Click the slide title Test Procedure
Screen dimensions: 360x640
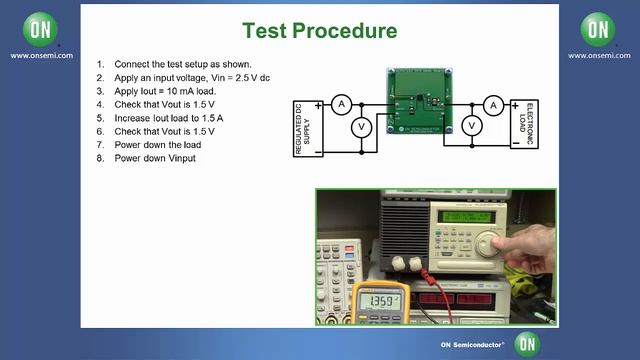pos(319,29)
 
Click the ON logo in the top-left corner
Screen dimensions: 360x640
pos(40,29)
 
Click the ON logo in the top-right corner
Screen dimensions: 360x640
pos(598,29)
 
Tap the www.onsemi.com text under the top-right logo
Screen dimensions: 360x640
pos(598,55)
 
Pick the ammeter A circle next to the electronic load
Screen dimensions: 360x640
pos(492,104)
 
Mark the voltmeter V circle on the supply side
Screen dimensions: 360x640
pos(363,125)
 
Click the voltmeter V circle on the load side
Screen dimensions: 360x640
pos(475,125)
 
